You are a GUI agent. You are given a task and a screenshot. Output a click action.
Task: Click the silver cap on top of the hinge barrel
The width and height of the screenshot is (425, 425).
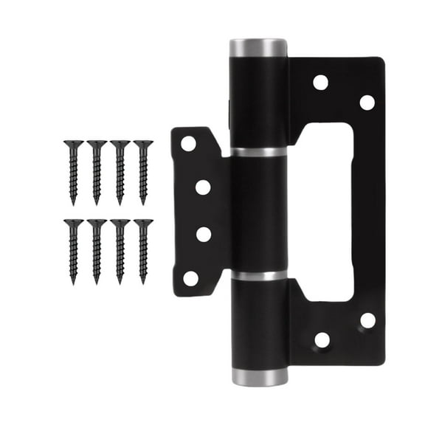(258, 48)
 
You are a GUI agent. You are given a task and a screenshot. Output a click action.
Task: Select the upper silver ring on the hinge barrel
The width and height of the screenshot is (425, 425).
(258, 152)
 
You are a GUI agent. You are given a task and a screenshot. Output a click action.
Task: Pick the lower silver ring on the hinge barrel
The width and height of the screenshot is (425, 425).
(258, 275)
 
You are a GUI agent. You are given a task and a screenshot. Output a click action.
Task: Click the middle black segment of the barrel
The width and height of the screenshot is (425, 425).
(258, 214)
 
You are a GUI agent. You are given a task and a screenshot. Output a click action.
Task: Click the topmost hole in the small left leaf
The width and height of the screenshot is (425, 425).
(189, 144)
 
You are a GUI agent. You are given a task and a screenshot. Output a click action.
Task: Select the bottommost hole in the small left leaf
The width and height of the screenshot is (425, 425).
(190, 279)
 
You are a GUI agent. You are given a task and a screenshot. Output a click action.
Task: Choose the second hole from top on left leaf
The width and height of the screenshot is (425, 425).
(203, 187)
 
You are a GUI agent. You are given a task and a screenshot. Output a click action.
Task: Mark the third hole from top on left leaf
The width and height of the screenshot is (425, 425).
(204, 235)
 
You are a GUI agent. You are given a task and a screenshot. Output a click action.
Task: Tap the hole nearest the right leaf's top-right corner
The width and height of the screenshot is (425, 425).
(367, 103)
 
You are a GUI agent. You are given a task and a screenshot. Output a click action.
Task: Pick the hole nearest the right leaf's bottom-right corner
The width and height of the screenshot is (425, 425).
(367, 320)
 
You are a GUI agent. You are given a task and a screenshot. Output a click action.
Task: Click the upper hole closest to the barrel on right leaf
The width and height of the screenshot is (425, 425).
(320, 82)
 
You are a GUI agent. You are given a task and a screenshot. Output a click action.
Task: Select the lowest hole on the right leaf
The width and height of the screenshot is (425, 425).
(322, 340)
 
